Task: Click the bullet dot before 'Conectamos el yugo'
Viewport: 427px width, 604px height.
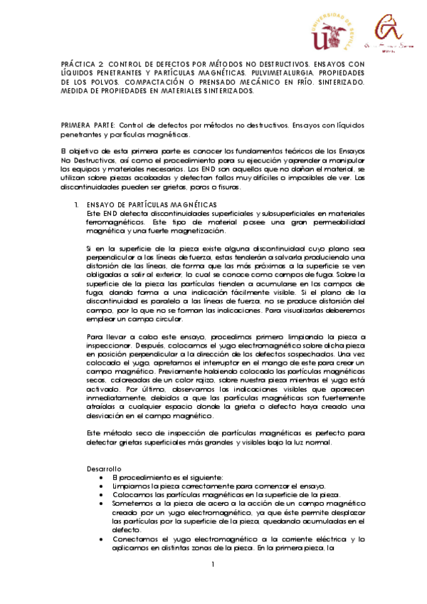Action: tap(104, 539)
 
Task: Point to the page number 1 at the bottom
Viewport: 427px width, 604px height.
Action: tap(212, 565)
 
